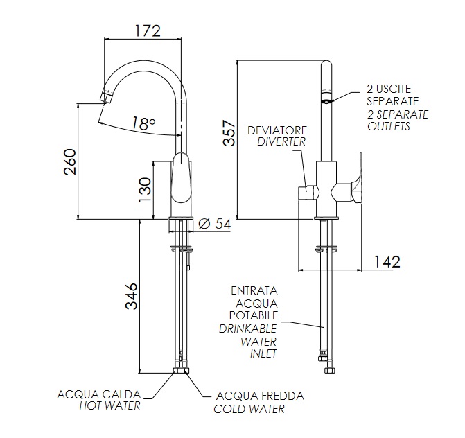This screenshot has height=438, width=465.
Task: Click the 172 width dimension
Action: pyautogui.click(x=146, y=30)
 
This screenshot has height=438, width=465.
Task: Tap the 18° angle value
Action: pyautogui.click(x=143, y=123)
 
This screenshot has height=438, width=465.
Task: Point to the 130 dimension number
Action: pyautogui.click(x=143, y=189)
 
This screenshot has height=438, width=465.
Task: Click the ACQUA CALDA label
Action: pyautogui.click(x=98, y=394)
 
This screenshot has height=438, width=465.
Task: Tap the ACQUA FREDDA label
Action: pyautogui.click(x=260, y=396)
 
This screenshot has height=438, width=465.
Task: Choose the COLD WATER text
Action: pyautogui.click(x=249, y=409)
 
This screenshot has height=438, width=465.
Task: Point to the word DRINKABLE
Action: pyautogui.click(x=247, y=328)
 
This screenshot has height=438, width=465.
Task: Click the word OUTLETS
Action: pyautogui.click(x=389, y=126)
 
